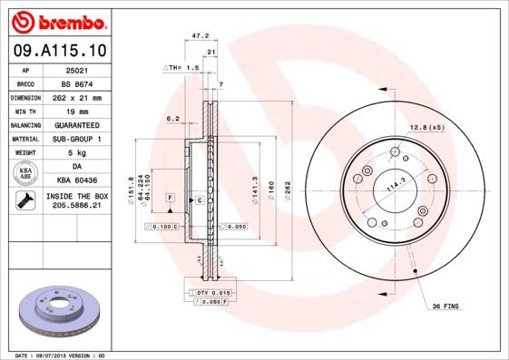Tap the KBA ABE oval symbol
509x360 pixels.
(26, 174)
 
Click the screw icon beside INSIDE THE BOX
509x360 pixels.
(26, 201)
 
